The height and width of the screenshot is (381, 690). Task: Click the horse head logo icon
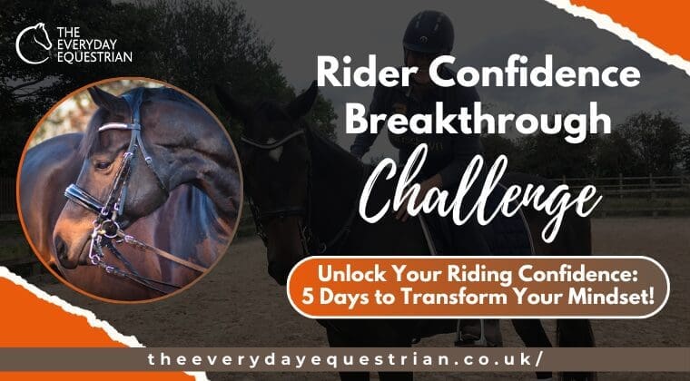coord(34,42)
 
